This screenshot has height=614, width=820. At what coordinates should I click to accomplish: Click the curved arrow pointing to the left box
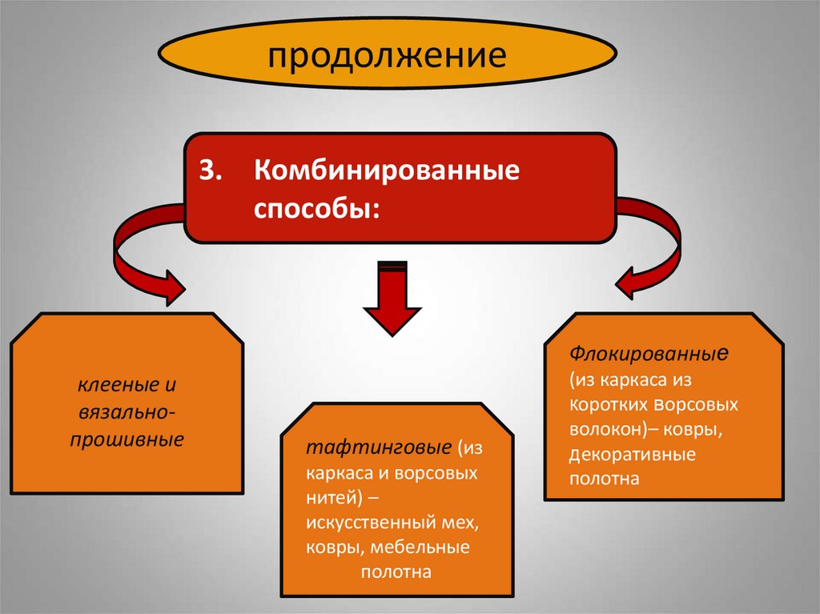coord(140,256)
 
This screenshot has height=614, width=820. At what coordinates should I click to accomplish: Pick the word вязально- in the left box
coord(127,412)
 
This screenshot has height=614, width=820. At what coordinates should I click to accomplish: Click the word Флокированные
coord(649,352)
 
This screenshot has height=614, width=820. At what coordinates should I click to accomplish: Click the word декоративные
coord(633,455)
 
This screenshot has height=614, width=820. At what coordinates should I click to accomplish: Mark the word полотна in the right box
coord(605,480)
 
